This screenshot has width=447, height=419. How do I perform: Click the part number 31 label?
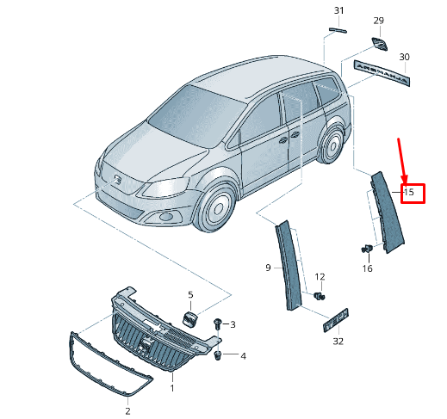[338, 10]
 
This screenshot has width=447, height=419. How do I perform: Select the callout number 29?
[378, 20]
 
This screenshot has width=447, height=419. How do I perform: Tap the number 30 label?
[404, 57]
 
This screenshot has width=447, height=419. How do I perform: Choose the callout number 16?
[368, 268]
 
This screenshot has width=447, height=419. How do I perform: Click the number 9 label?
[268, 268]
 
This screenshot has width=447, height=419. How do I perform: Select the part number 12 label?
[320, 276]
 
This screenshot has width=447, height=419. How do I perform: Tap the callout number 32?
[338, 342]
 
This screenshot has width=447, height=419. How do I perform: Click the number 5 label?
[190, 295]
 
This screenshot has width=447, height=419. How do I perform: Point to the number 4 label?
[243, 355]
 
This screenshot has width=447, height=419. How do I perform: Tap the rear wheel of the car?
[331, 147]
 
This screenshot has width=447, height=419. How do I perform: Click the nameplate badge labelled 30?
[378, 71]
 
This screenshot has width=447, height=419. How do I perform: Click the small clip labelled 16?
[366, 250]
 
